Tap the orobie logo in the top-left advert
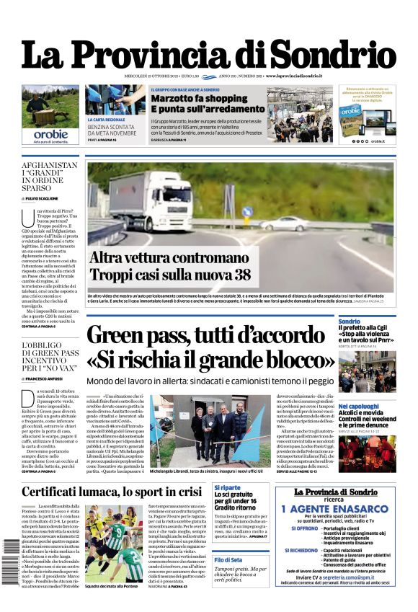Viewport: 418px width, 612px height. point(50,134)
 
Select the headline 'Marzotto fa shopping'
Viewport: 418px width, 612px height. point(190,98)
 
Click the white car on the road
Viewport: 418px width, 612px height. point(284,223)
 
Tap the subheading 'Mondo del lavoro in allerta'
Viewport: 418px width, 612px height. point(155,381)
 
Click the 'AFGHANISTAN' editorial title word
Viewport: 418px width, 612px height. point(49,165)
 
